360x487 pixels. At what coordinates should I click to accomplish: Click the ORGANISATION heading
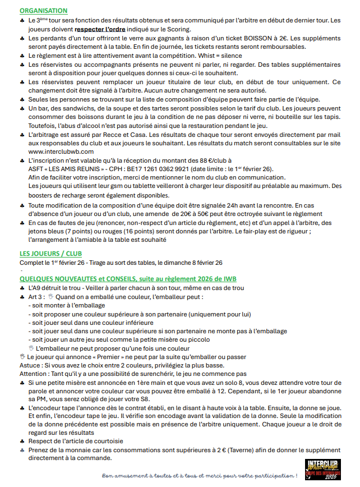tap(43, 11)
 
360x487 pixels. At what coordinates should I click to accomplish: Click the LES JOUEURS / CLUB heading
tap(51, 254)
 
